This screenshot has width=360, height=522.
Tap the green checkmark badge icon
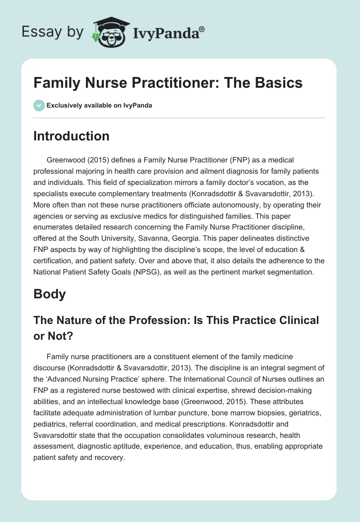pos(39,105)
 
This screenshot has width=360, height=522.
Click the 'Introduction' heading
pos(71,136)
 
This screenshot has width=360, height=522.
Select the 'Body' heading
pos(49,294)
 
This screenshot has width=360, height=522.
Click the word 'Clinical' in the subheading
pos(292,320)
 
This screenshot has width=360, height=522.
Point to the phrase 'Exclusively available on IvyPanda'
pos(99,106)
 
